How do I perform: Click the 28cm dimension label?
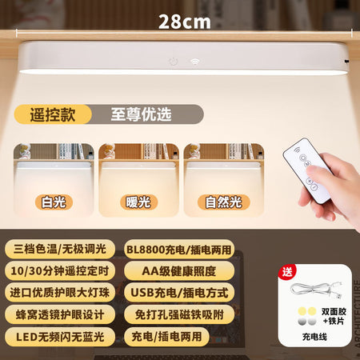click(x=185, y=22)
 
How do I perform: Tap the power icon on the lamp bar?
click(x=174, y=62)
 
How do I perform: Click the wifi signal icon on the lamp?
click(x=195, y=62)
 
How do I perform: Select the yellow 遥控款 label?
click(x=53, y=114)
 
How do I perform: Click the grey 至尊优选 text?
click(x=141, y=114)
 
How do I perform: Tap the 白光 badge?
click(x=54, y=202)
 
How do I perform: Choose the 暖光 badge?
click(x=138, y=202)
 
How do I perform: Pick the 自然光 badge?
click(x=224, y=202)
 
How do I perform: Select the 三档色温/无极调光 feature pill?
click(x=60, y=250)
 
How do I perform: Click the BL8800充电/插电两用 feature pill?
click(x=179, y=250)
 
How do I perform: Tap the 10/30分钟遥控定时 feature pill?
click(x=60, y=271)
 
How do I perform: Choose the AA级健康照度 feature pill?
click(x=179, y=271)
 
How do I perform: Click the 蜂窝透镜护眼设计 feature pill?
click(x=60, y=314)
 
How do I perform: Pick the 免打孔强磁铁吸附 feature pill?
click(x=179, y=314)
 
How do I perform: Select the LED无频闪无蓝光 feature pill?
click(x=60, y=337)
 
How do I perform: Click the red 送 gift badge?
click(x=287, y=272)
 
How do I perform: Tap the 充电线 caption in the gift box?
click(x=314, y=337)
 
